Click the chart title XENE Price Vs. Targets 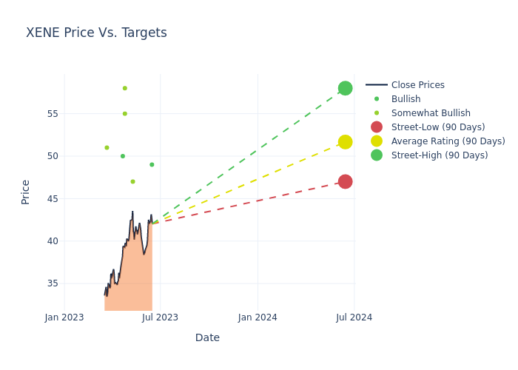[96, 33]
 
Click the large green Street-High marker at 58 [345, 88]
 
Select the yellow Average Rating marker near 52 [345, 141]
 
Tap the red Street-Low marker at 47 [345, 181]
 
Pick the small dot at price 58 [124, 88]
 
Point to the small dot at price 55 [124, 113]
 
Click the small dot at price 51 [107, 147]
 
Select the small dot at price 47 [132, 181]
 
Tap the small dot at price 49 [152, 164]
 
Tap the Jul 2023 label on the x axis [161, 317]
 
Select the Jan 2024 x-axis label [258, 317]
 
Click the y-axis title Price [26, 192]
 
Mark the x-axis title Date [207, 337]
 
